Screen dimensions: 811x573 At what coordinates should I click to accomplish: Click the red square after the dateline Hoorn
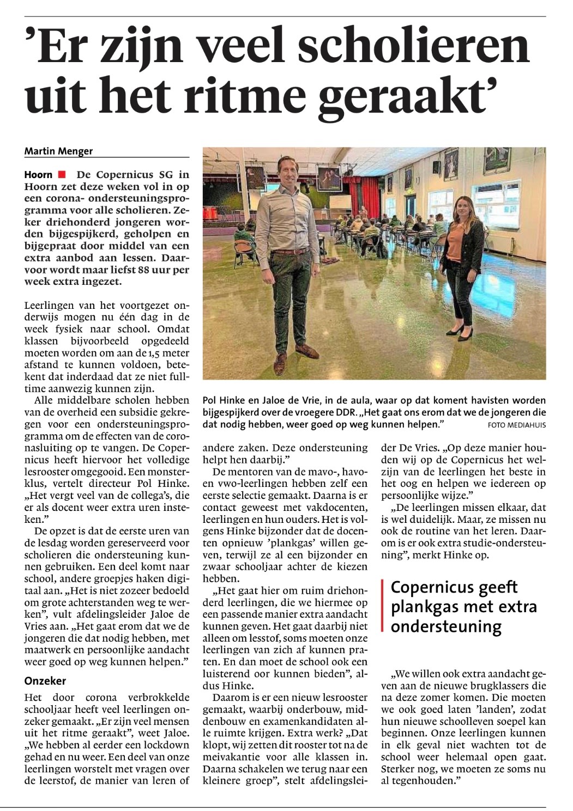click(62, 175)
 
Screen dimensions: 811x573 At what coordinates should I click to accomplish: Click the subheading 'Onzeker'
click(45, 680)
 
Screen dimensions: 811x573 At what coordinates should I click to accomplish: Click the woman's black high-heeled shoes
click(461, 331)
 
